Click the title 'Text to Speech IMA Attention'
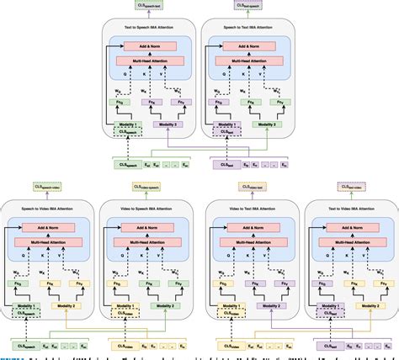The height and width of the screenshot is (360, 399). click(x=150, y=29)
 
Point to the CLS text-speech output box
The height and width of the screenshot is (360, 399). click(x=250, y=7)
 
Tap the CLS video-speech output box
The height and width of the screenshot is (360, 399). click(x=149, y=187)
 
